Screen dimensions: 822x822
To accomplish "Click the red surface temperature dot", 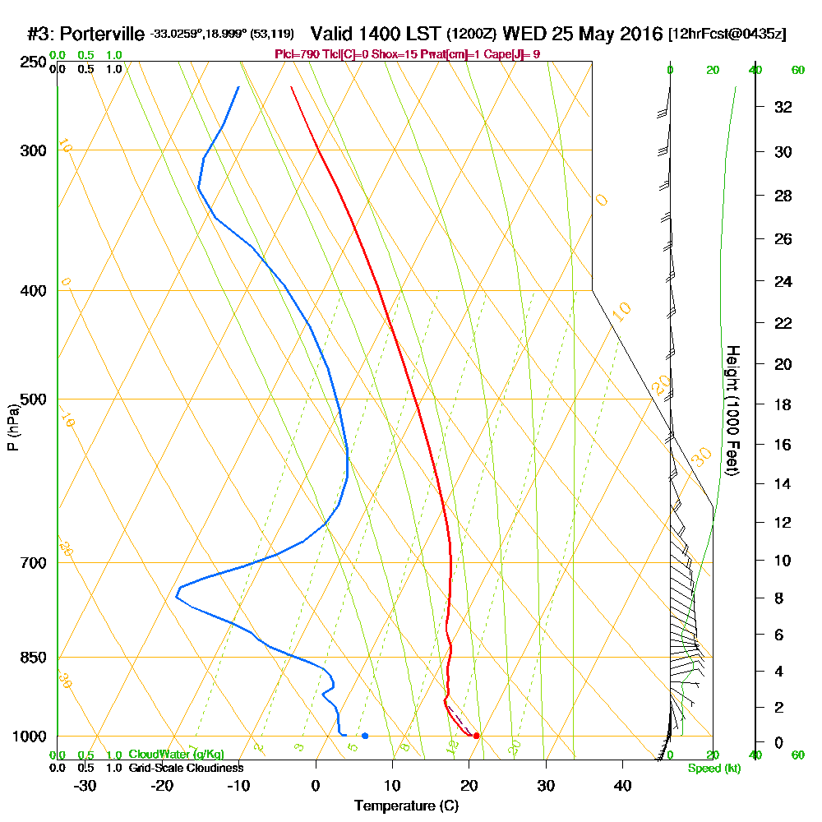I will click(477, 736).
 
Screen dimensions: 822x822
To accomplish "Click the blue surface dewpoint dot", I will click(365, 736).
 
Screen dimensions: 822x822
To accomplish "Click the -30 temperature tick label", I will click(85, 785).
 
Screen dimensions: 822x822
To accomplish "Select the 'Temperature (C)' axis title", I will click(406, 806).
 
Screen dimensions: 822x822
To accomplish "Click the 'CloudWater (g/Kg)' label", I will click(176, 755).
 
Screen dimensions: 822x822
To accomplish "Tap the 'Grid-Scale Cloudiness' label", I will click(186, 768).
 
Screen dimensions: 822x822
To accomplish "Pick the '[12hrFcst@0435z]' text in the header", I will click(728, 35).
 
